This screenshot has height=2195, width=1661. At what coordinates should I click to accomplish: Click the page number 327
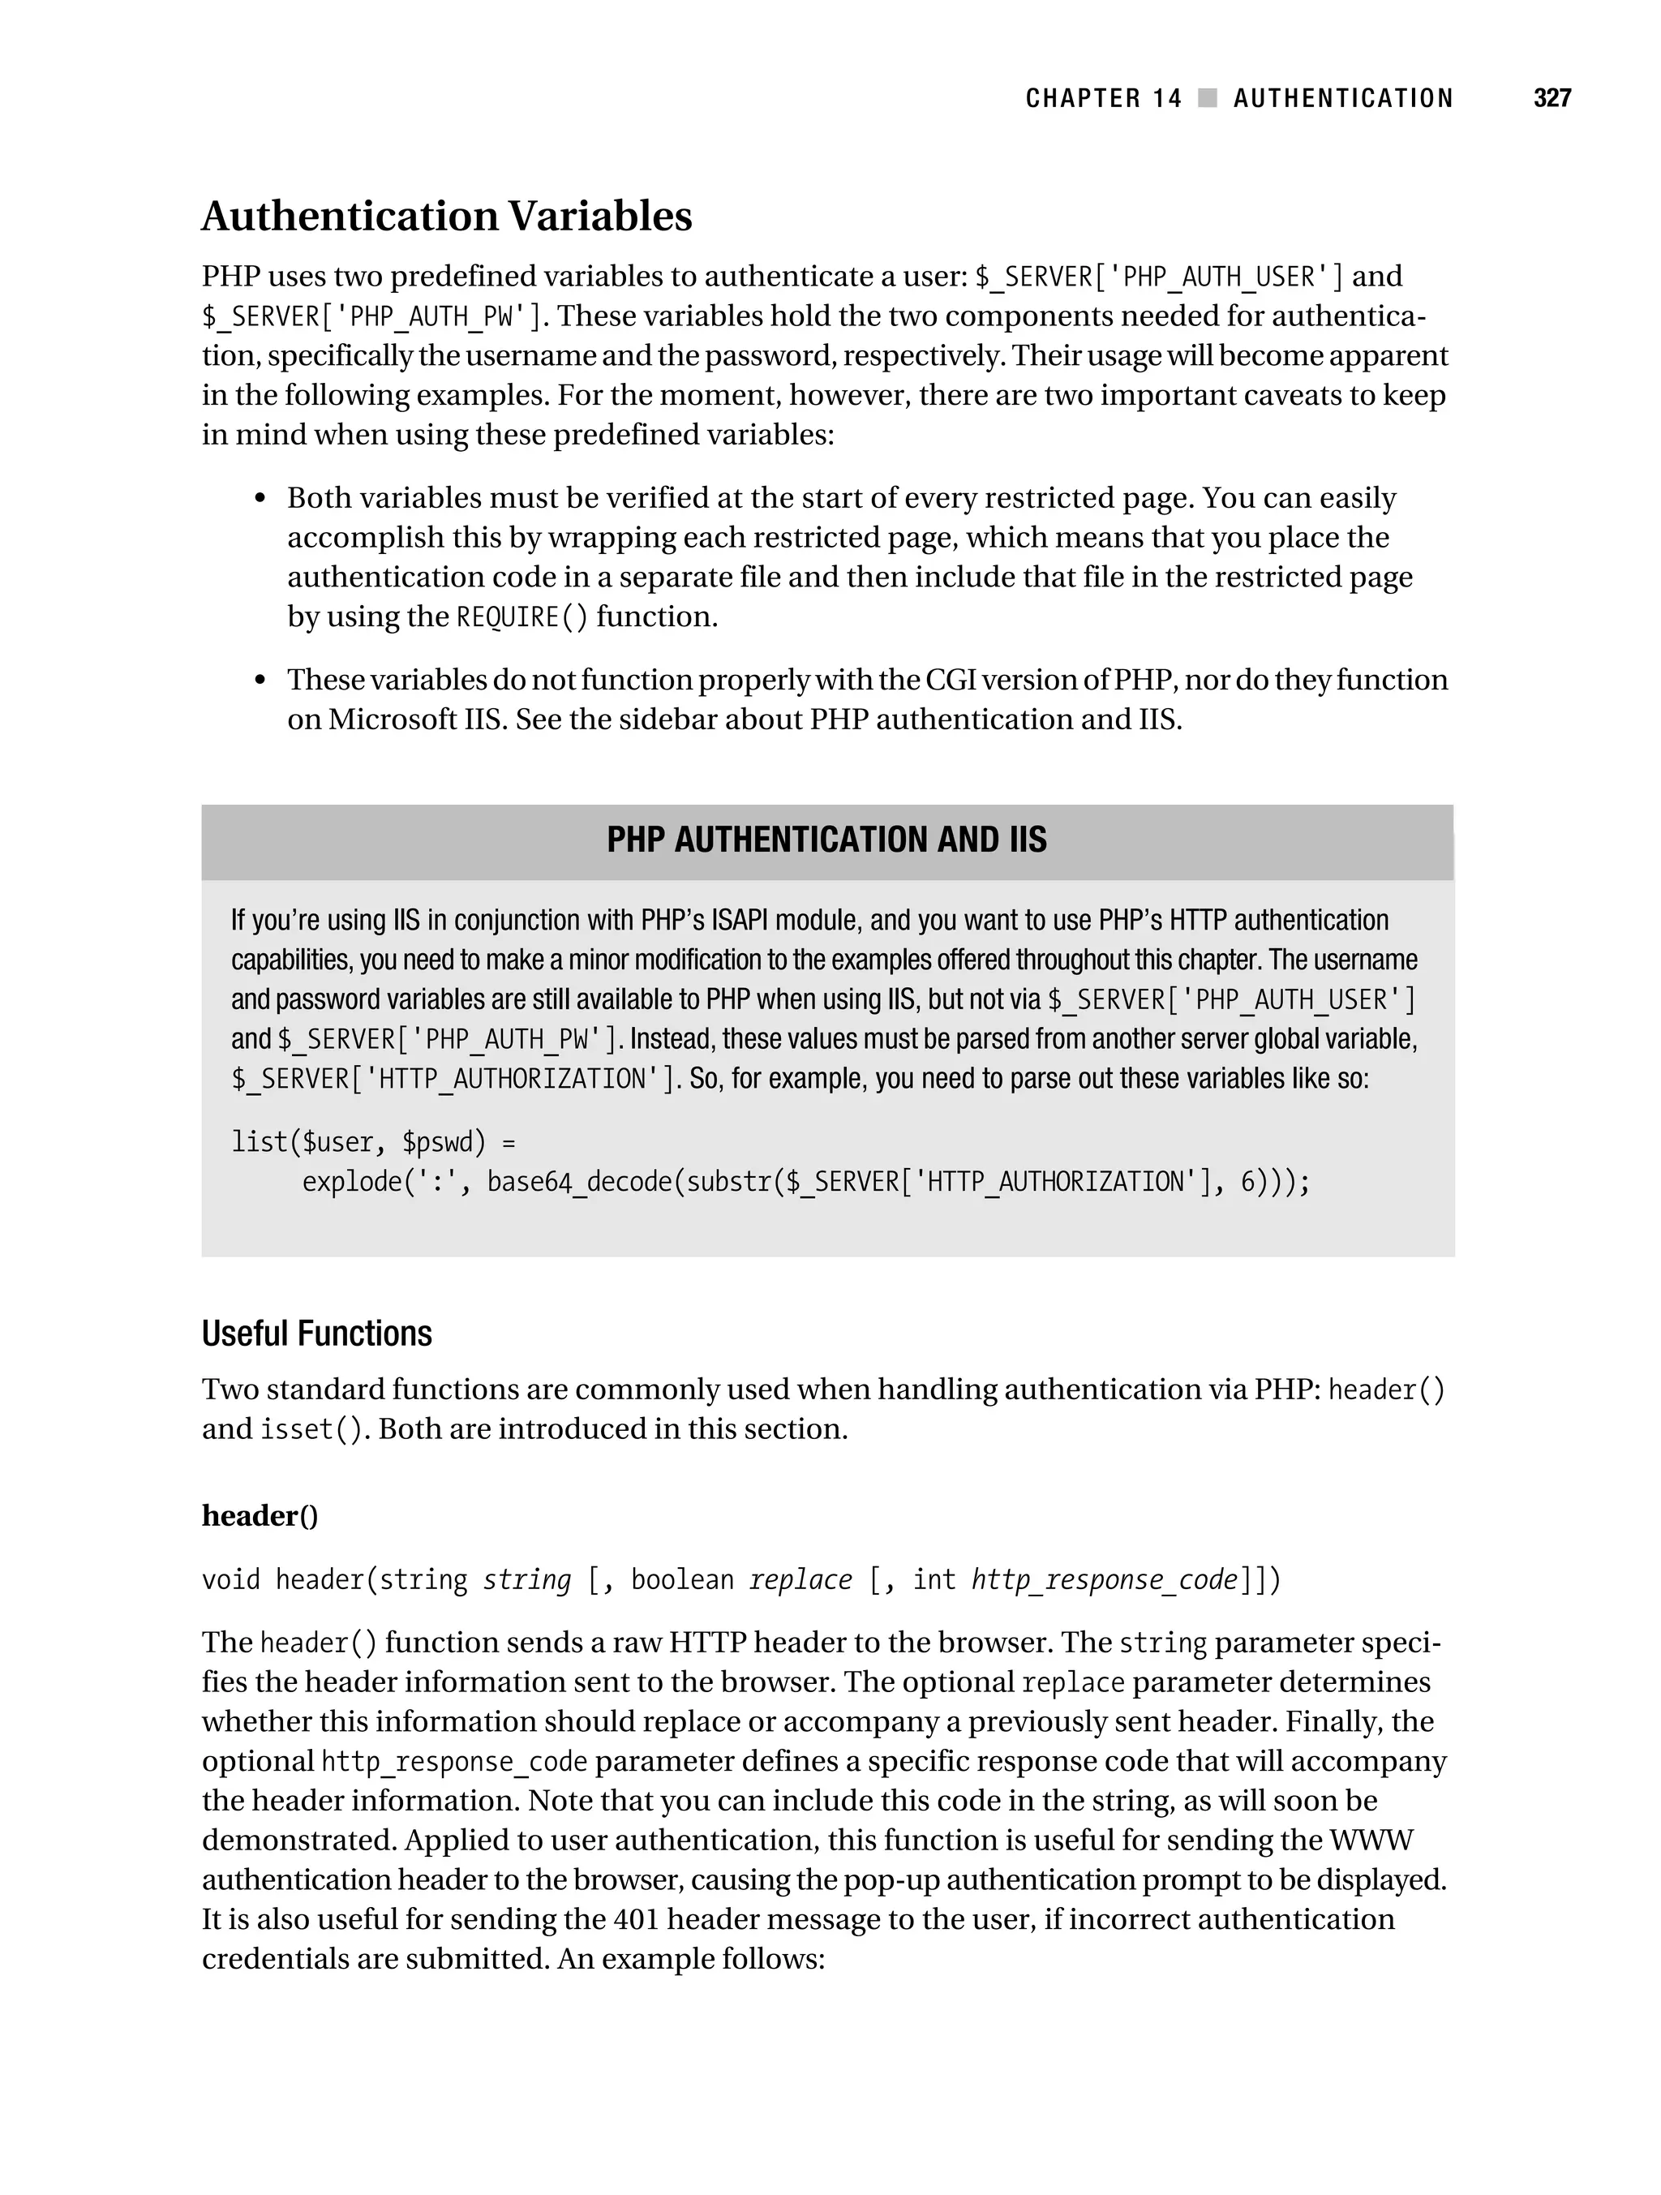pyautogui.click(x=1552, y=97)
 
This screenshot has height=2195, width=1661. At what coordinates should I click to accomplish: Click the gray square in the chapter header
pyautogui.click(x=1208, y=97)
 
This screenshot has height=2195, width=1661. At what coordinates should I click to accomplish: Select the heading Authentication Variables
pyautogui.click(x=447, y=217)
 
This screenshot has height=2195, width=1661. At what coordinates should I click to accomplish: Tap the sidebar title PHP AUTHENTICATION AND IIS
pyautogui.click(x=826, y=840)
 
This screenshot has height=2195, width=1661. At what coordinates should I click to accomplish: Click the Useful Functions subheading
pyautogui.click(x=316, y=1334)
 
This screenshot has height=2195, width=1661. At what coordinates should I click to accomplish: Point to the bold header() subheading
pyautogui.click(x=260, y=1515)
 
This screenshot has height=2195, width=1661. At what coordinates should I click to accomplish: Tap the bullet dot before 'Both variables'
pyautogui.click(x=260, y=499)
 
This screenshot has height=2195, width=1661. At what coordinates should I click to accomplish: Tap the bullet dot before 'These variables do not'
pyautogui.click(x=260, y=681)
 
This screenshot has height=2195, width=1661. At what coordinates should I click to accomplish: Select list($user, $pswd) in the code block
pyautogui.click(x=359, y=1142)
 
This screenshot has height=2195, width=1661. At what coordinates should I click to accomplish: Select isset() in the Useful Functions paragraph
pyautogui.click(x=311, y=1430)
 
